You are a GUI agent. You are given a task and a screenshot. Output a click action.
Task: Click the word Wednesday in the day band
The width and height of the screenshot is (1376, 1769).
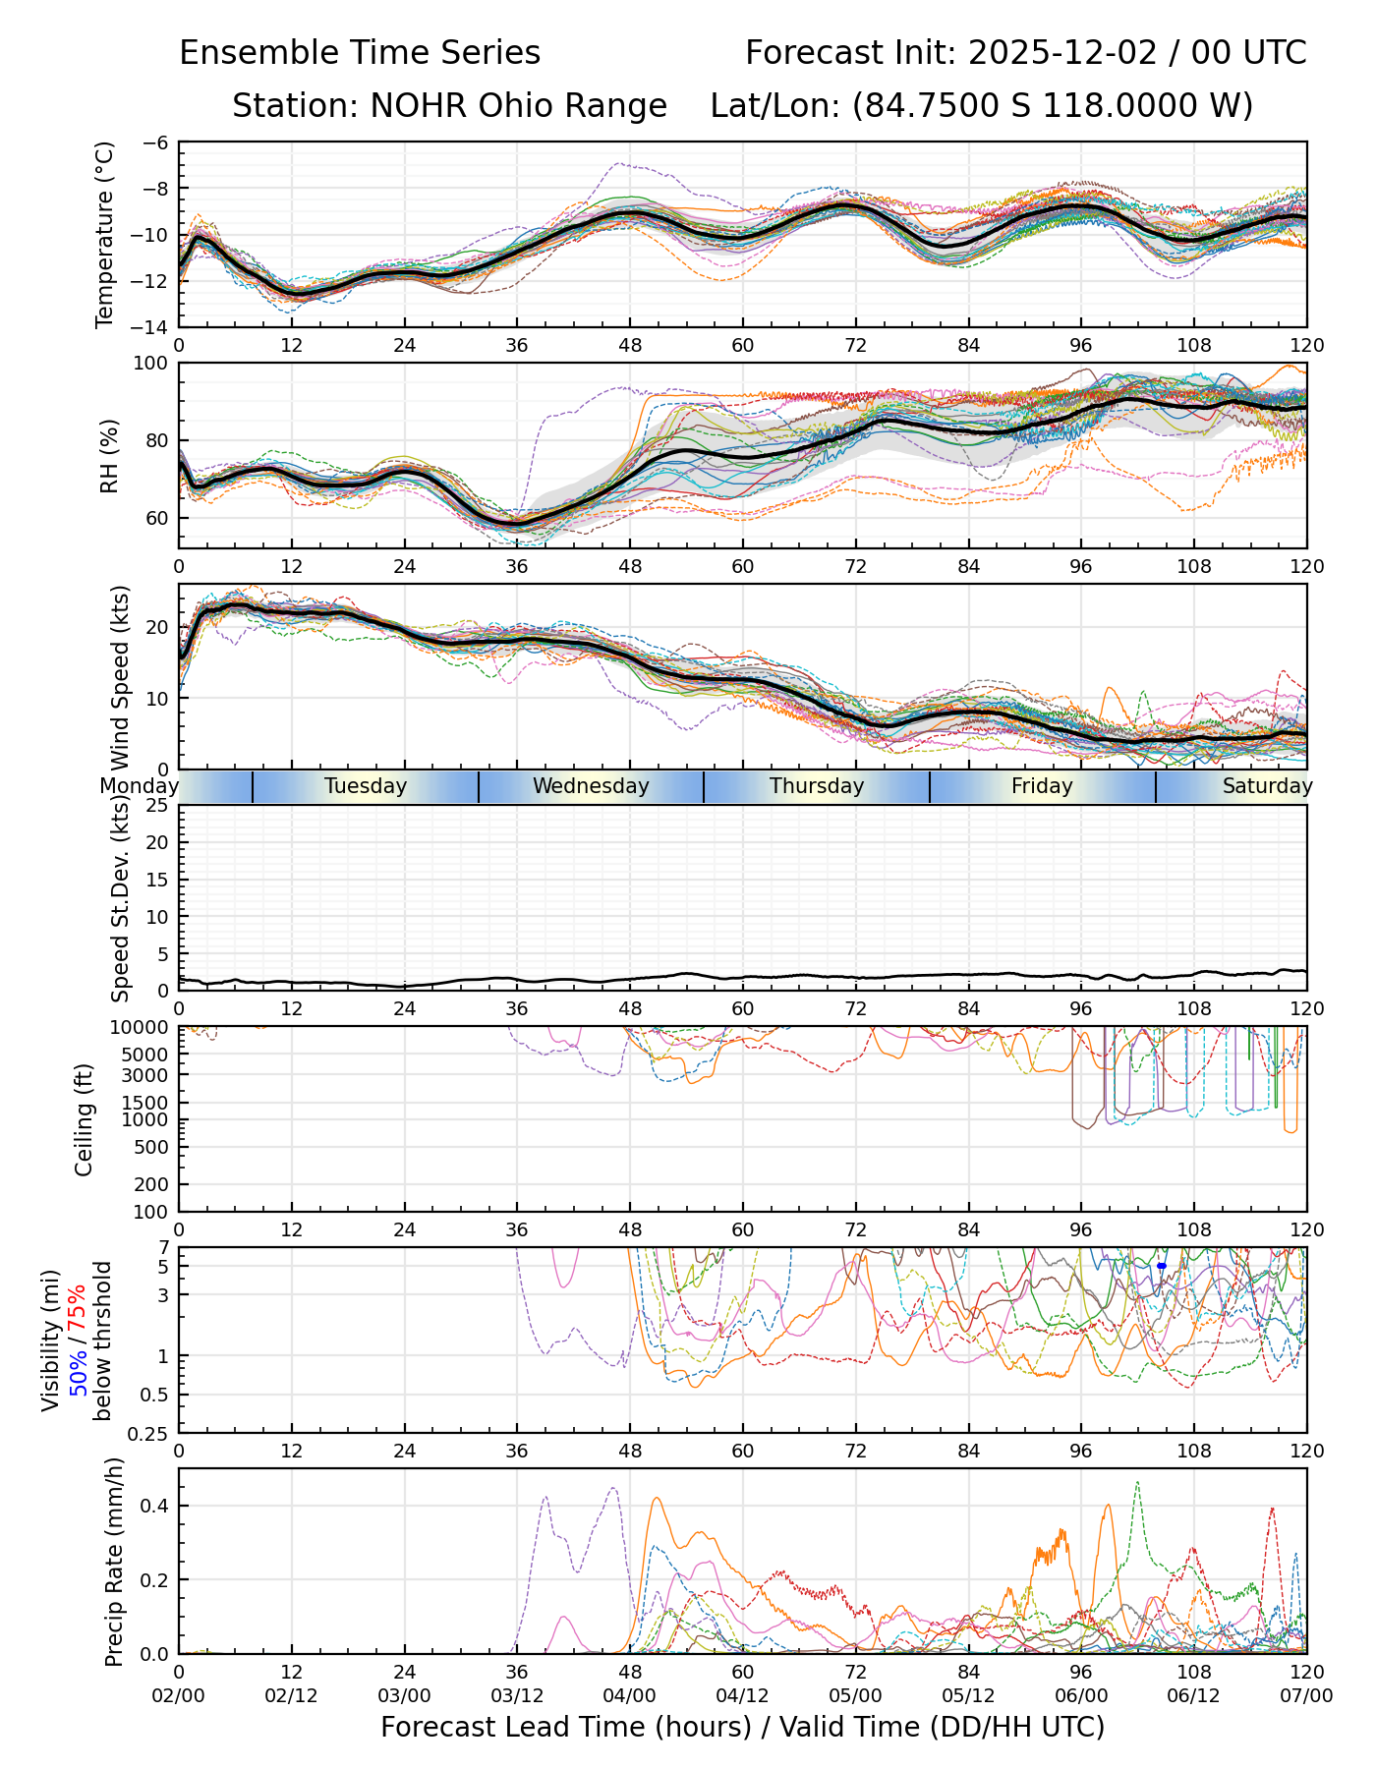591,786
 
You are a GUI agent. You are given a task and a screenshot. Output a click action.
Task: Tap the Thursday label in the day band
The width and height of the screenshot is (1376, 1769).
817,786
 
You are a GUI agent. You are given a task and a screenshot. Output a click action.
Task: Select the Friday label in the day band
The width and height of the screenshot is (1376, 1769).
1042,786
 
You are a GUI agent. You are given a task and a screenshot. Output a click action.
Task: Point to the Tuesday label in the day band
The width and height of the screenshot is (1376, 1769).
366,786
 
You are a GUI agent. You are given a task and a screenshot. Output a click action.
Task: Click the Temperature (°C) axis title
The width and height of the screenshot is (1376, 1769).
105,234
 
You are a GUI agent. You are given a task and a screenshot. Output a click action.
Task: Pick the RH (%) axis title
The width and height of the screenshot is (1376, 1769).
108,455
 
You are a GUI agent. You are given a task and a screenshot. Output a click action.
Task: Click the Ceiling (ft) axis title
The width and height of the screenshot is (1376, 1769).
85,1119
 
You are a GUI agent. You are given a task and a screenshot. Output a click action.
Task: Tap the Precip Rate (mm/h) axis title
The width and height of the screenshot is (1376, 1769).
114,1562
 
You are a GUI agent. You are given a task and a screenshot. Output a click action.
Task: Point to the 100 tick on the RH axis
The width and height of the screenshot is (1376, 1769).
152,364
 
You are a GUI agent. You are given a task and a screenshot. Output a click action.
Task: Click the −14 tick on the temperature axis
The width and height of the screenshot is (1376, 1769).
155,326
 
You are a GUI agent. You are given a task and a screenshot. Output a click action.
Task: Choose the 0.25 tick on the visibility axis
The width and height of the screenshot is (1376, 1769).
149,1432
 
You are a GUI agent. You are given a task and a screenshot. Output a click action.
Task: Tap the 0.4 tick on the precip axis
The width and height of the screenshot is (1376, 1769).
156,1507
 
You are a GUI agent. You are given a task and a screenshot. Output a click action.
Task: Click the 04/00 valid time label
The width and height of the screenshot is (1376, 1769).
630,1695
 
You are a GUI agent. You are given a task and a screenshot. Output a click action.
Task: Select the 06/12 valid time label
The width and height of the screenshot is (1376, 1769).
1194,1695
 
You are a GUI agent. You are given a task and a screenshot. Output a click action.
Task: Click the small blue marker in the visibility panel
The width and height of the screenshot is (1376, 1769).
1162,1266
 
